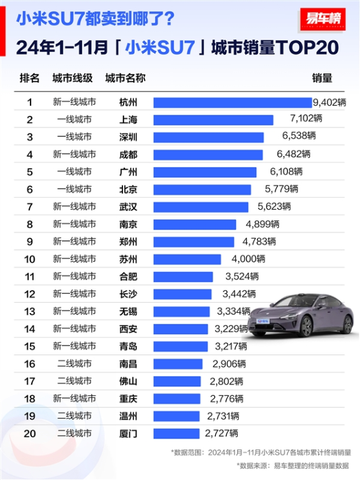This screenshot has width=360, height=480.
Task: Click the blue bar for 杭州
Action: tap(233, 102)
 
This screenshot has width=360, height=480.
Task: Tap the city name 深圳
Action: tap(128, 137)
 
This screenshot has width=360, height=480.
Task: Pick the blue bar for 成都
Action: tap(208, 154)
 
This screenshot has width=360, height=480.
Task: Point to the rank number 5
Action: tap(29, 171)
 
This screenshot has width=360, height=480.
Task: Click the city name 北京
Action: tap(128, 189)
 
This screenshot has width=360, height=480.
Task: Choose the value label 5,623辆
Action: tap(274, 207)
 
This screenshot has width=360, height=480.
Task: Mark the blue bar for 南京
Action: tap(194, 224)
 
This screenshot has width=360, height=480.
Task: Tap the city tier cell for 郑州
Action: tap(74, 242)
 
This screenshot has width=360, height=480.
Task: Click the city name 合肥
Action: tap(128, 277)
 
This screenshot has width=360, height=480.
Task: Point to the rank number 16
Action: tap(29, 363)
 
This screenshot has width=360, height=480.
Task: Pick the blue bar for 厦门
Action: tap(178, 433)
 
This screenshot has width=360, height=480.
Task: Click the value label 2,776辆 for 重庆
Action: tap(226, 398)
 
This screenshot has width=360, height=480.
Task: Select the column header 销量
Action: tap(322, 78)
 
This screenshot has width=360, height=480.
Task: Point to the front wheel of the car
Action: tap(306, 327)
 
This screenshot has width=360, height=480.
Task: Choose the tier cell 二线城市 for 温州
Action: tap(74, 416)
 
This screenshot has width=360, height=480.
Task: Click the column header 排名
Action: tap(29, 78)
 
